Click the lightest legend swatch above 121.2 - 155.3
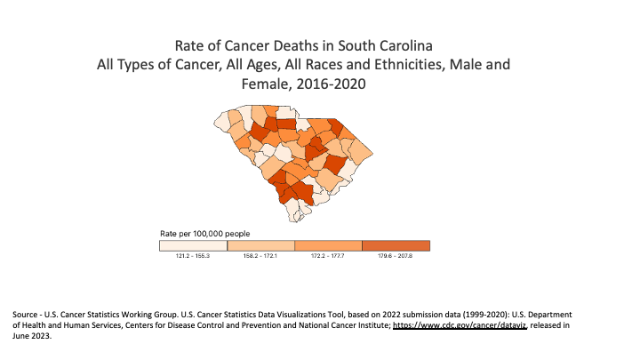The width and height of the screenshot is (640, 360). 193,245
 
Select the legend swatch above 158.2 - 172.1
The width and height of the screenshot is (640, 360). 260,245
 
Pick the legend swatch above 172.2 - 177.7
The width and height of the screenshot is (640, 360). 328,245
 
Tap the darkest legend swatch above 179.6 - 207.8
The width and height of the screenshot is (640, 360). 396,245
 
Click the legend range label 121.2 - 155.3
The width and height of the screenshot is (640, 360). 193,256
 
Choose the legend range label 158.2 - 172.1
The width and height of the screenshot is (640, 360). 260,256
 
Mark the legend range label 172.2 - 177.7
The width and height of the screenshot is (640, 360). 328,256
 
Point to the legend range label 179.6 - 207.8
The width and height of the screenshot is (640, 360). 396,256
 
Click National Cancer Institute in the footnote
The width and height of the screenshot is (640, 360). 341,326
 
